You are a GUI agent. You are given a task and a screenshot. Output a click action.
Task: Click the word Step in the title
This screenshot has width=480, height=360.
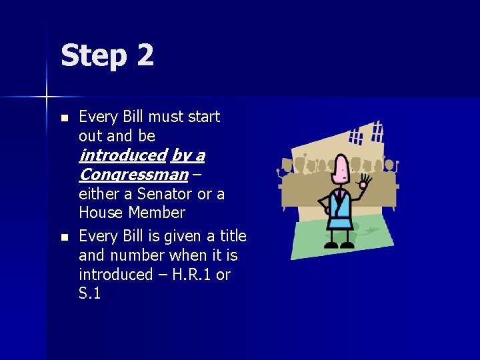[x=93, y=56]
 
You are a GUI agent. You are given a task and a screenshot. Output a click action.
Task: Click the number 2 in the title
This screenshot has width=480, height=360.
[x=145, y=55]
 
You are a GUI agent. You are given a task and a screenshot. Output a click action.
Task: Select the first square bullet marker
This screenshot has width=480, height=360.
[x=64, y=118]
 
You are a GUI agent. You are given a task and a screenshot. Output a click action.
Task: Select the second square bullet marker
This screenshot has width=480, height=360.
[x=64, y=237]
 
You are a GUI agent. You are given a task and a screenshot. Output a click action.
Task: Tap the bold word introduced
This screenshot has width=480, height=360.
[x=122, y=155]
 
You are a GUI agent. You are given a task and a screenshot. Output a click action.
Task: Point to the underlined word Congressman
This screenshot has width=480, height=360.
[x=133, y=175]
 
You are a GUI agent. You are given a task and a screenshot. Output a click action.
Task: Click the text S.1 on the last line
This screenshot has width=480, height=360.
[x=89, y=293]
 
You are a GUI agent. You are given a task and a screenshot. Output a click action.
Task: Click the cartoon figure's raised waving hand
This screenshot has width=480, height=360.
[x=365, y=181]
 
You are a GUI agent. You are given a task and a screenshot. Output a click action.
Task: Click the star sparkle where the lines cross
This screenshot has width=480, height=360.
[x=47, y=97]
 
